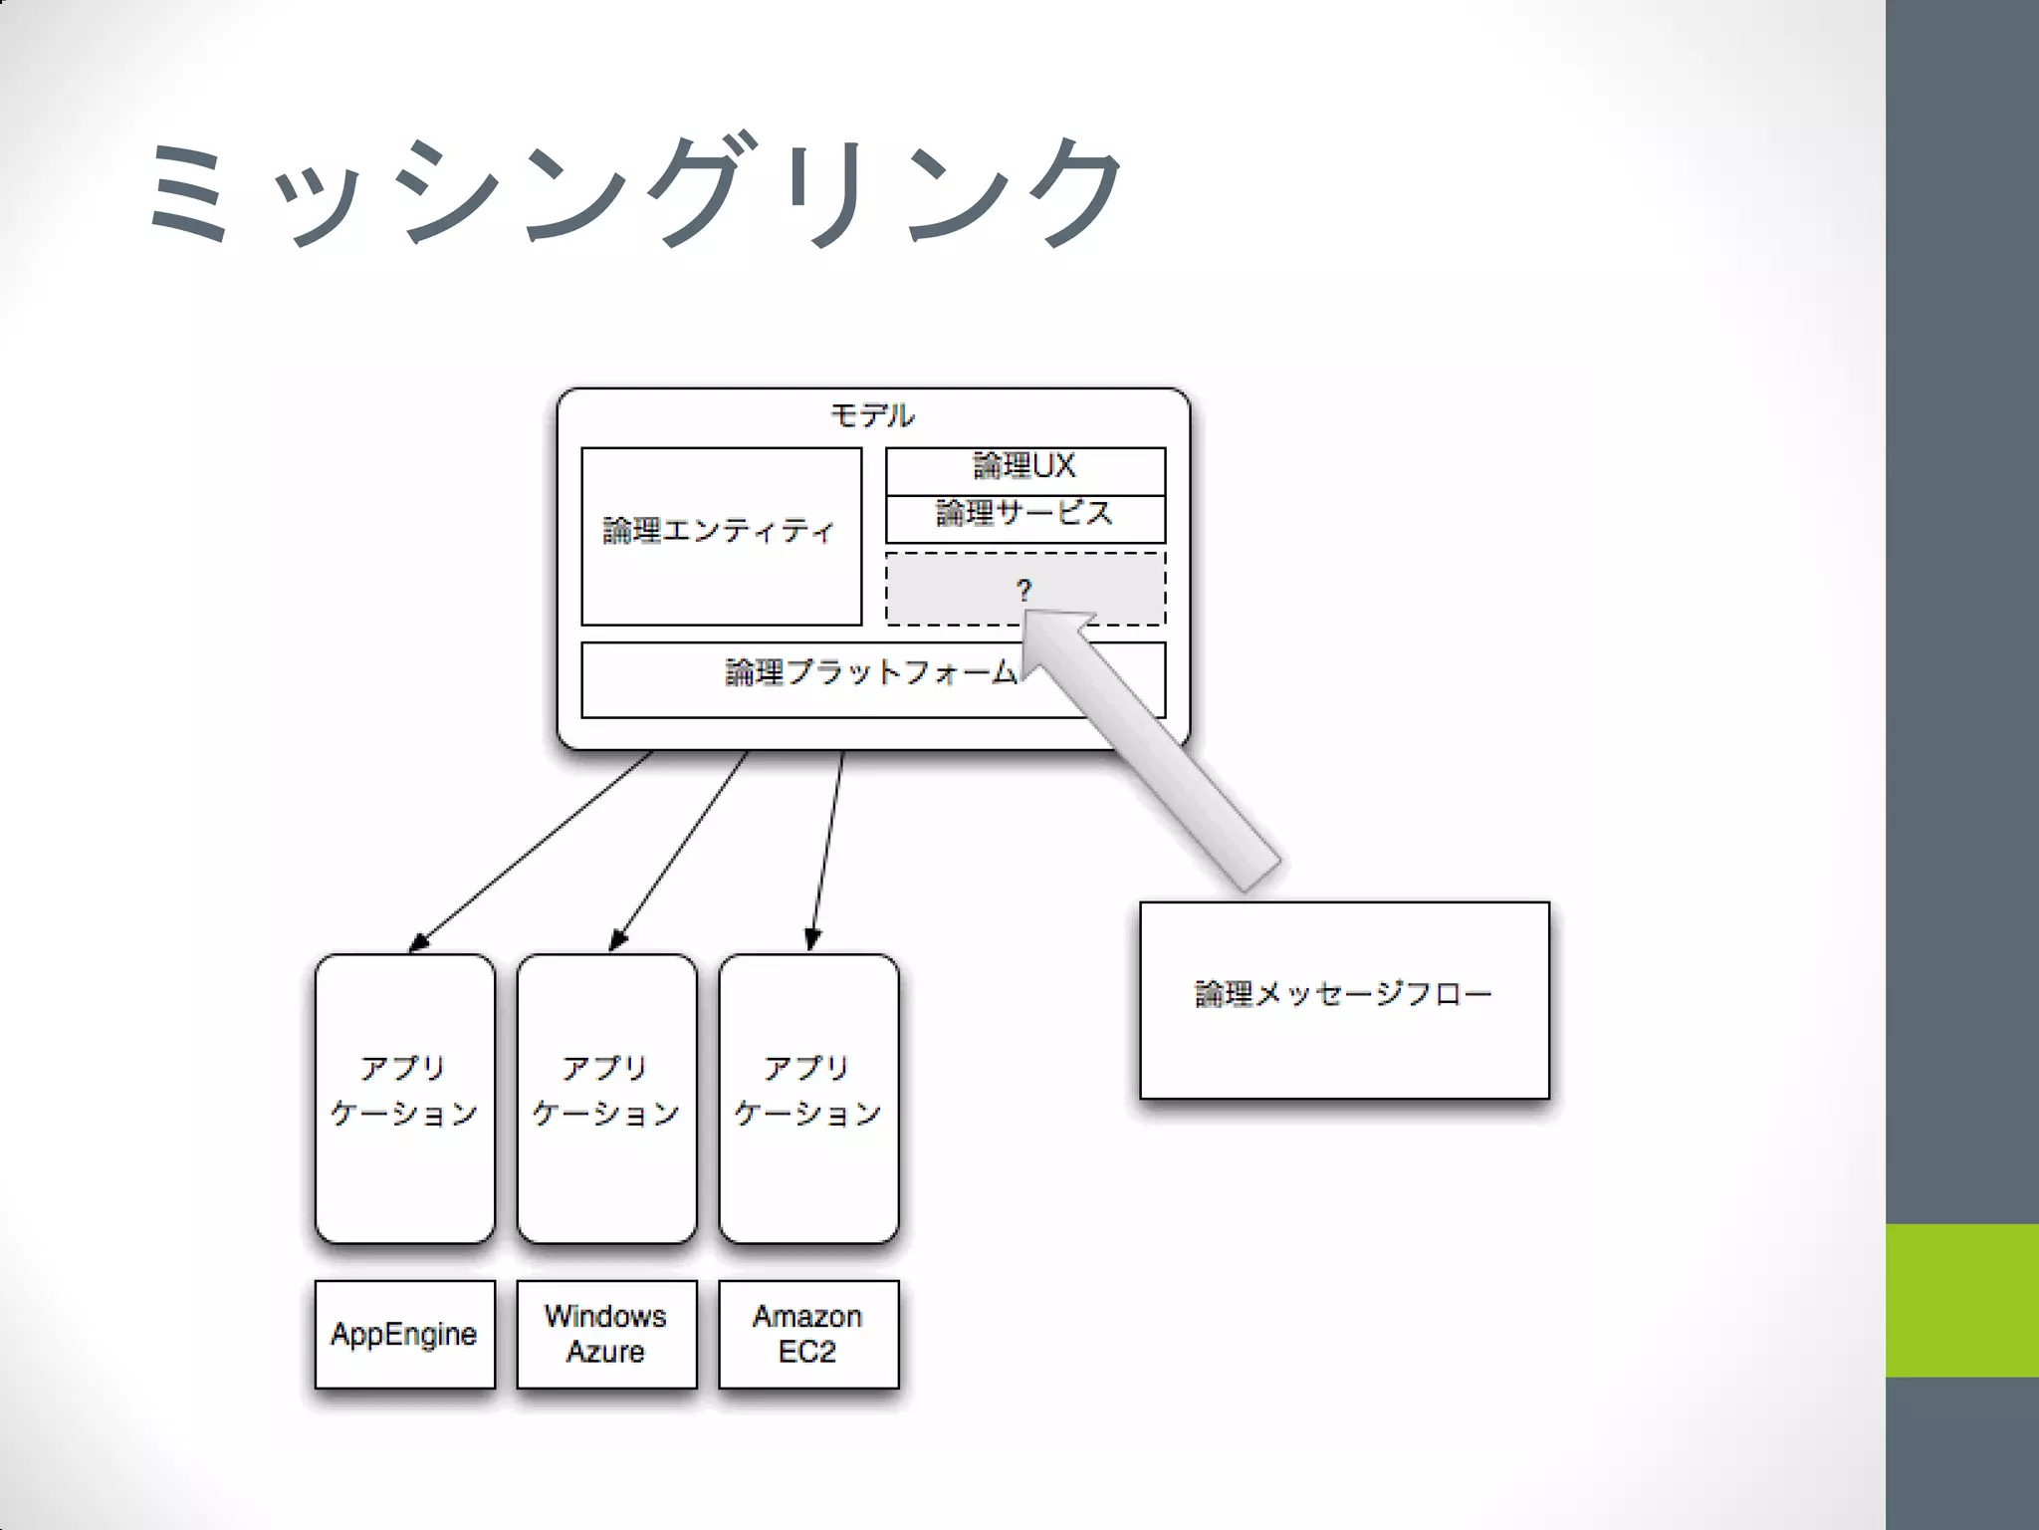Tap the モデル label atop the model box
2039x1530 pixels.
pos(872,415)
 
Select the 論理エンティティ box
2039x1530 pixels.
pos(721,536)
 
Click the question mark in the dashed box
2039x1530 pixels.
pos(1023,590)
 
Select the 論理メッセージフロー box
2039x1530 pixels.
pos(1344,999)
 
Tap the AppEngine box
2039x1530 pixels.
pos(404,1334)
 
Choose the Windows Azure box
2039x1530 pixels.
pos(606,1334)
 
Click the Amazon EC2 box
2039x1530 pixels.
pos(807,1334)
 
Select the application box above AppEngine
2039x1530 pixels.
pos(404,1098)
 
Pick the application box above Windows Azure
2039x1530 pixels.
pos(606,1098)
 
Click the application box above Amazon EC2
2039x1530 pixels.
pos(807,1098)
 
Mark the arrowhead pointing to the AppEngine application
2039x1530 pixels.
pos(419,942)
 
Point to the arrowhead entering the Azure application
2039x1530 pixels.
pos(617,940)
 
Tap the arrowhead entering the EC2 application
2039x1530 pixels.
pos(812,939)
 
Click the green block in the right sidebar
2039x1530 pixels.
pos(1961,1300)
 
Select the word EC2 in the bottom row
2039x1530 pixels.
pos(807,1353)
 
